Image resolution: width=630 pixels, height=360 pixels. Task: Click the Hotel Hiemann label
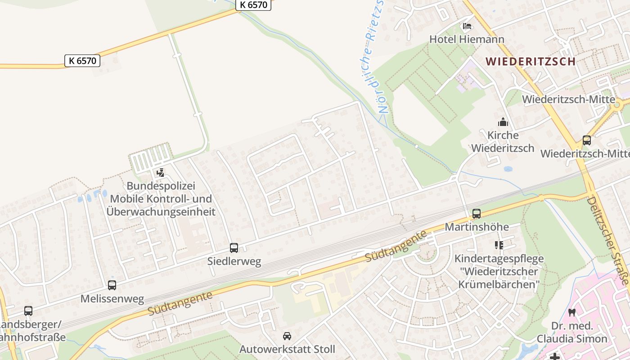(x=467, y=39)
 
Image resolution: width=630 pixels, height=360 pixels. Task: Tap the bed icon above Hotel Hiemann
(x=467, y=26)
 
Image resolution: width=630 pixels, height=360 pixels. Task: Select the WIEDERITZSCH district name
(x=531, y=61)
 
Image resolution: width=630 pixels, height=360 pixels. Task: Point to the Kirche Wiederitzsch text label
(x=503, y=141)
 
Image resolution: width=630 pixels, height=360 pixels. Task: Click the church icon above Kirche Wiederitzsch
(x=503, y=122)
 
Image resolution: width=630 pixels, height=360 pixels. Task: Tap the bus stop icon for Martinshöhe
(x=477, y=214)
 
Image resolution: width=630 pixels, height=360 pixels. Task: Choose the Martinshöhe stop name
(x=477, y=227)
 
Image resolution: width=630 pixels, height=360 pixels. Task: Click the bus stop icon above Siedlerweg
(x=234, y=247)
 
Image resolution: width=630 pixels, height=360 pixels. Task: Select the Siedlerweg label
(x=234, y=261)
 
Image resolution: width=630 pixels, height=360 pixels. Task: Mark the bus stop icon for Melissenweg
(x=112, y=285)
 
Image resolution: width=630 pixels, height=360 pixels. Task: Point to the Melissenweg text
(x=112, y=299)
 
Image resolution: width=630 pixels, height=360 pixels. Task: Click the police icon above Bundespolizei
(x=160, y=172)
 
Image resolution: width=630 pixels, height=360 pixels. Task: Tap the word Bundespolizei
(x=161, y=186)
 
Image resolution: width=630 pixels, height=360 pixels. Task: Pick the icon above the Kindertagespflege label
(x=499, y=245)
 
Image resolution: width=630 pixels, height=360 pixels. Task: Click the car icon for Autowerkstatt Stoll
(x=287, y=336)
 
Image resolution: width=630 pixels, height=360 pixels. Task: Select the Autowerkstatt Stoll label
(x=287, y=349)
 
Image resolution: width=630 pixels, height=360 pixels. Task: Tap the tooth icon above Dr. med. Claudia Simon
(x=572, y=312)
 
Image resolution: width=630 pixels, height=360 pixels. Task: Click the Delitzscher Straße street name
(x=608, y=240)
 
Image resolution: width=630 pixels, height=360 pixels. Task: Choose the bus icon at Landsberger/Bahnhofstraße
(x=28, y=310)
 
